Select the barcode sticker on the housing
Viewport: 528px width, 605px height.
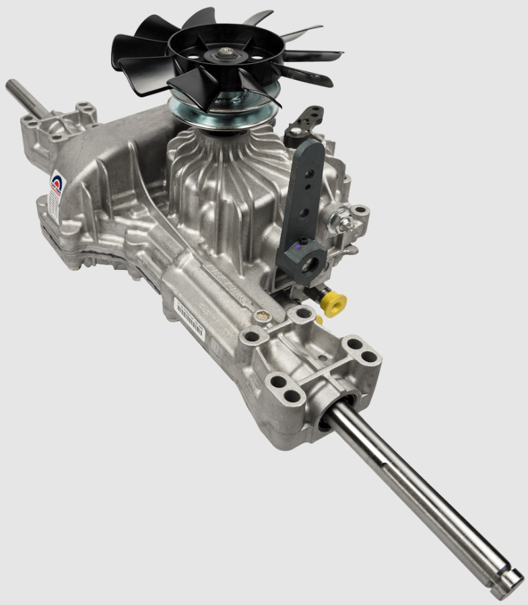tap(190, 314)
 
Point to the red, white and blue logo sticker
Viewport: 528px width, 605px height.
tap(57, 185)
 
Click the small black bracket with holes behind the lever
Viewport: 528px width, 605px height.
tap(304, 121)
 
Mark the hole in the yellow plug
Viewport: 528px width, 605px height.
tap(339, 301)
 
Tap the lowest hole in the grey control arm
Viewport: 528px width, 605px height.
tap(304, 213)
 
